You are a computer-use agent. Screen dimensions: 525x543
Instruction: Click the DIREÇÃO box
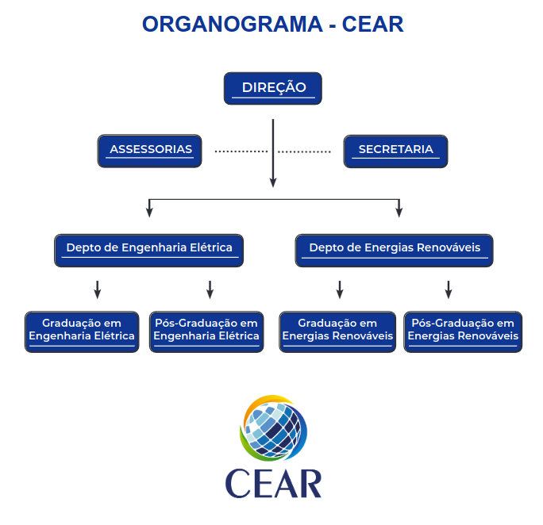click(274, 88)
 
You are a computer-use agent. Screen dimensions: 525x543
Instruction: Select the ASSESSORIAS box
click(150, 150)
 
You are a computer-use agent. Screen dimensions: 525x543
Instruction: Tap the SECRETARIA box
click(395, 150)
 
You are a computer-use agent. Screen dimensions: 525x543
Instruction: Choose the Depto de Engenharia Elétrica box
click(149, 249)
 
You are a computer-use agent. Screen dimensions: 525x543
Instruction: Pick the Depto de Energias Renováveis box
click(395, 249)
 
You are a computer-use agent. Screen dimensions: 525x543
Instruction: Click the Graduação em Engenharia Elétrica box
click(82, 331)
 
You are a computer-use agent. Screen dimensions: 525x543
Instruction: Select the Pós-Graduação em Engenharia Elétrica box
click(206, 331)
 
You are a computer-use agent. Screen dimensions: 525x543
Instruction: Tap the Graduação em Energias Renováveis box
click(337, 331)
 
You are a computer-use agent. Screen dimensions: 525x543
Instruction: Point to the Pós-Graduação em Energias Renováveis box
click(463, 331)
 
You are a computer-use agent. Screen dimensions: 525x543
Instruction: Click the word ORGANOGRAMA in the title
click(225, 25)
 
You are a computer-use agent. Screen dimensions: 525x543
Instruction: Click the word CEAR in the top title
click(372, 25)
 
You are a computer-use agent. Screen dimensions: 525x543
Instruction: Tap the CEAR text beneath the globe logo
click(273, 482)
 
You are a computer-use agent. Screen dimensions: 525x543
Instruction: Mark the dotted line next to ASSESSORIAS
click(241, 151)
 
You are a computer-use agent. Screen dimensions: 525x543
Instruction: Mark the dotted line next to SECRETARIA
click(304, 151)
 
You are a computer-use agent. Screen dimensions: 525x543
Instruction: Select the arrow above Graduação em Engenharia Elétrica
click(98, 289)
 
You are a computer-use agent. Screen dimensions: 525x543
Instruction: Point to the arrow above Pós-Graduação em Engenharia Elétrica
click(210, 289)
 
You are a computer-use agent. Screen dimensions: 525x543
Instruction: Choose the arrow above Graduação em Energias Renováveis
click(339, 289)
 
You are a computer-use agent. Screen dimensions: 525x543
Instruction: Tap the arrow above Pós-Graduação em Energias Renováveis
click(448, 289)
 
